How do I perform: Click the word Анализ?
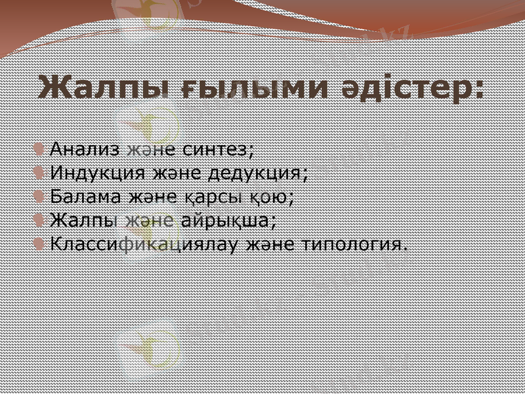pyautogui.click(x=85, y=149)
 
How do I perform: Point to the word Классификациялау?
pyautogui.click(x=144, y=244)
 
